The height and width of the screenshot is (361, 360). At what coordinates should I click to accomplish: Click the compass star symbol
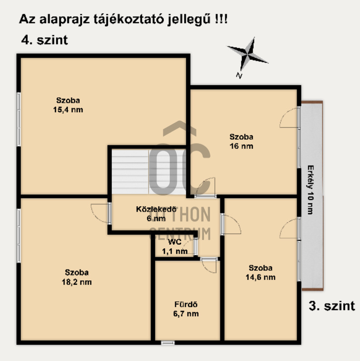coord(248,54)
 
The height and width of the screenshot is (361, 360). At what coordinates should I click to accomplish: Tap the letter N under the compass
coord(239,76)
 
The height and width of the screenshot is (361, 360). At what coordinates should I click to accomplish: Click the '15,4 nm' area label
coord(68,110)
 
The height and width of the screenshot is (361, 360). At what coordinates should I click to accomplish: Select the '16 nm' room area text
coord(241,146)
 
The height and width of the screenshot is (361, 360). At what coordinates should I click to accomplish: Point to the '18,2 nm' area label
coord(77,282)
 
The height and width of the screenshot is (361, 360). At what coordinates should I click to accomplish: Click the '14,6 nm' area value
coord(260,277)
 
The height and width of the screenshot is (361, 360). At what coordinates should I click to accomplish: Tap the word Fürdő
coord(186,304)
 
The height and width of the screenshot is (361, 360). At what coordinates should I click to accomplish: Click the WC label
coord(175,242)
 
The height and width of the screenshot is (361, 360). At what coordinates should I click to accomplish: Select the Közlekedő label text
coord(156,209)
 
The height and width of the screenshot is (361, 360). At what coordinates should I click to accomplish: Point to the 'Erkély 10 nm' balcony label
coord(310,190)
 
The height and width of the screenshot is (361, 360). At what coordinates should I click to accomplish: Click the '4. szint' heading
coord(45,40)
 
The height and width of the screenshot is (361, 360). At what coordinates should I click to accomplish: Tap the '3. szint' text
coord(332,306)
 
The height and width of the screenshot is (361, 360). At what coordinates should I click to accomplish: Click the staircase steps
coord(149,172)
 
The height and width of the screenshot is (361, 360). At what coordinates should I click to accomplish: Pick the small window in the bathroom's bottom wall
coord(168,343)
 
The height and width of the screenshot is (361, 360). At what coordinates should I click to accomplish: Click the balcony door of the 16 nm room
coord(289,118)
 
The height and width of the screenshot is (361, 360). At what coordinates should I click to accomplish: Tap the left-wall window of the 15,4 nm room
coord(19,119)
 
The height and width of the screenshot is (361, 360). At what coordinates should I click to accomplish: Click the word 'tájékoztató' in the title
coord(129,19)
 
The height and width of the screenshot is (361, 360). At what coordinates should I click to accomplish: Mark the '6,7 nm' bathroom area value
coord(186,314)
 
